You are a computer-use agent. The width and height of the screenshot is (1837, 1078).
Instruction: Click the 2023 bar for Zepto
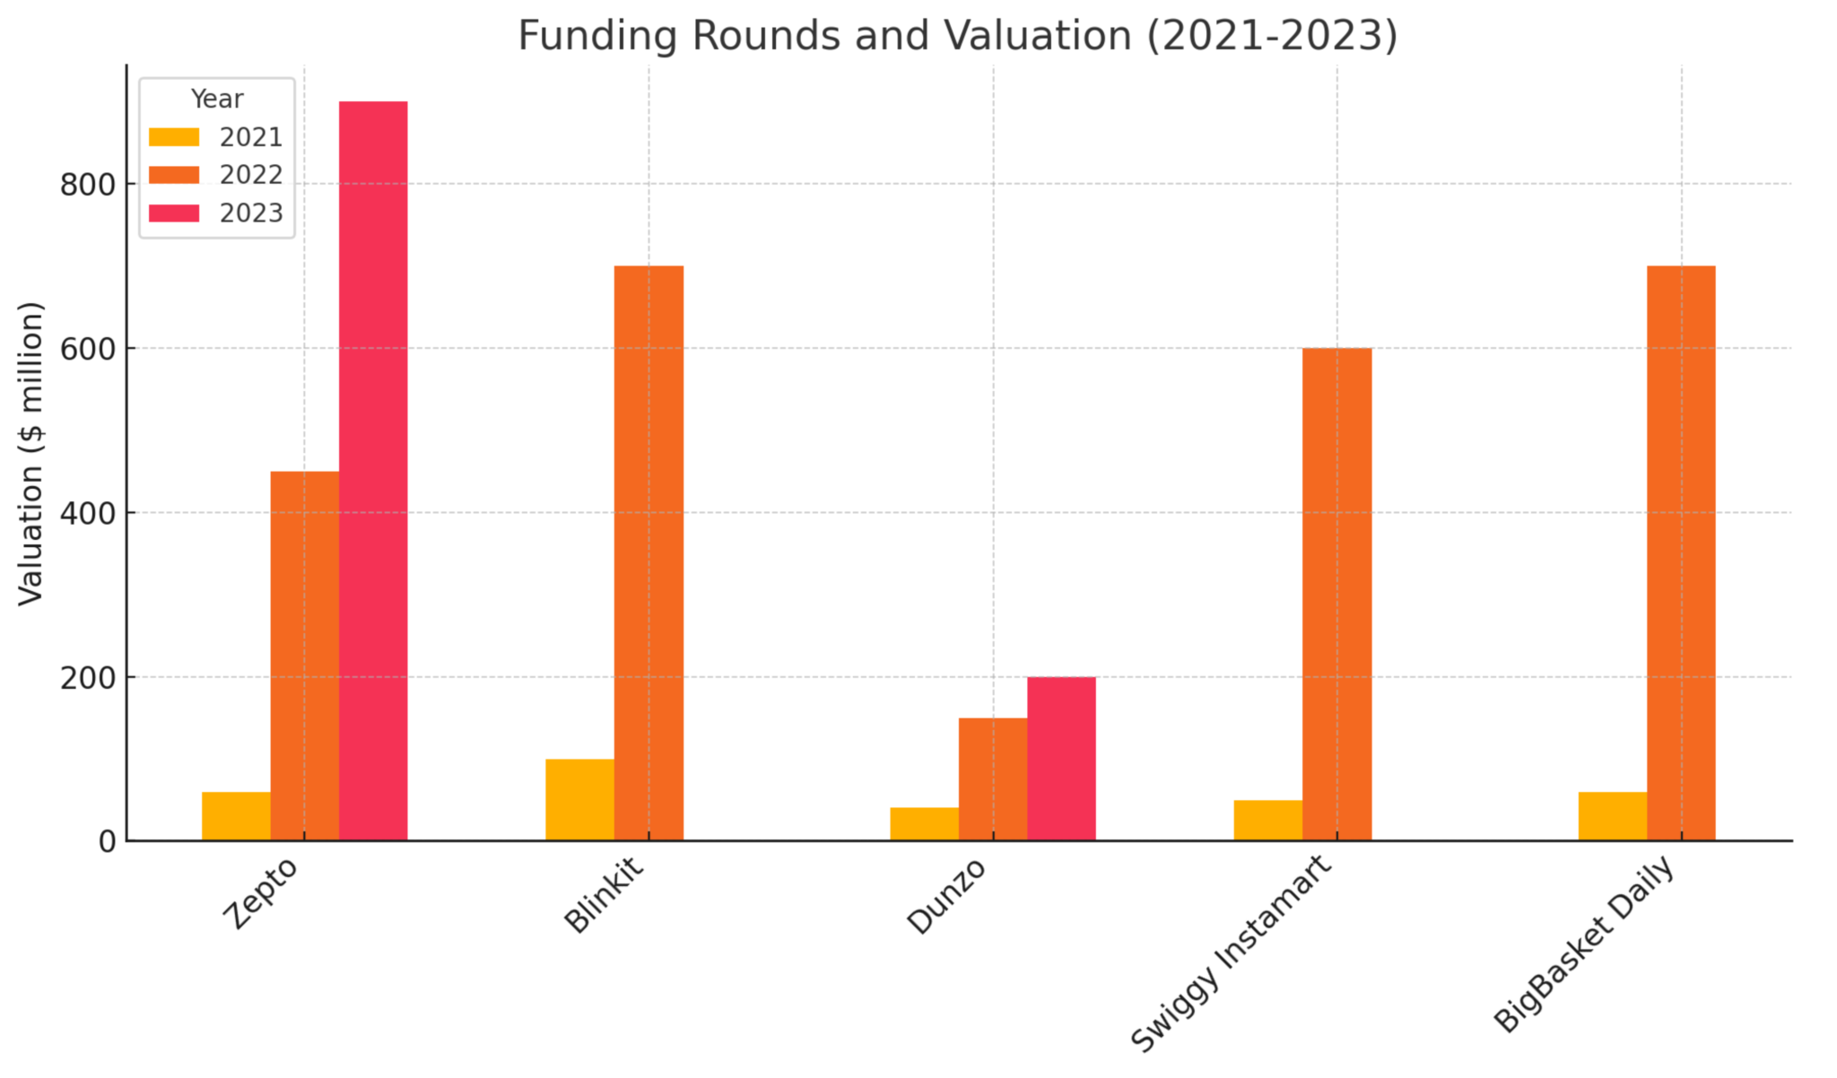click(373, 471)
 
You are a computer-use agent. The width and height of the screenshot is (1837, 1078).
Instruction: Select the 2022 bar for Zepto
click(304, 656)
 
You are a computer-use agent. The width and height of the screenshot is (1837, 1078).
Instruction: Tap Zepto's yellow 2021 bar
click(236, 816)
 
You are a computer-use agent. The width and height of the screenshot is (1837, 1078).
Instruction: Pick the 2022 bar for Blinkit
click(649, 553)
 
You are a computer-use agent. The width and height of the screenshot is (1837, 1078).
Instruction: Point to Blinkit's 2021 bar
click(579, 800)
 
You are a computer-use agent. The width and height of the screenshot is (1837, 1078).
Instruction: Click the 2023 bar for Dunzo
click(1061, 759)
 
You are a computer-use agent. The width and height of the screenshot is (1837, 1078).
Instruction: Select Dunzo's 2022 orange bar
click(992, 779)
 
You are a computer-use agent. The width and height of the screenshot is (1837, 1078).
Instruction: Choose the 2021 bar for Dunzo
click(924, 824)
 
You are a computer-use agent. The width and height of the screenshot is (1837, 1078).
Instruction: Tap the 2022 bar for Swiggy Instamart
click(1336, 594)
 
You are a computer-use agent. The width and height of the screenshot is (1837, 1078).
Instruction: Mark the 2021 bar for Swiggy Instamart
click(1267, 820)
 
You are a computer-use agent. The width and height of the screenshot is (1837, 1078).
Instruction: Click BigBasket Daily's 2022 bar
click(1681, 553)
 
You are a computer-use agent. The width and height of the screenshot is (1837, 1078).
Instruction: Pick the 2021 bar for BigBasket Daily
click(1612, 816)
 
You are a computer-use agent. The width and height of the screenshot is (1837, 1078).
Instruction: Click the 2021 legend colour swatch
click(174, 137)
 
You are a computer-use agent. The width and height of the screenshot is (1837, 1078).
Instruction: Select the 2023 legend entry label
click(251, 213)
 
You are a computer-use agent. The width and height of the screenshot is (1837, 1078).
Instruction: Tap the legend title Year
click(217, 99)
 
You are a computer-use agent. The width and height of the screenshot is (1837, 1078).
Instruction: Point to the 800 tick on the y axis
click(88, 185)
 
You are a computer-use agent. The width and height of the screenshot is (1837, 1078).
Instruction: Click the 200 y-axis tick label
click(88, 678)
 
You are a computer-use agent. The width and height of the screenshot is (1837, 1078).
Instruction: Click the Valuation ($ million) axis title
click(31, 453)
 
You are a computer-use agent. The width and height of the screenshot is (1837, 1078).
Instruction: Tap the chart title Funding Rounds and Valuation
click(957, 36)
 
